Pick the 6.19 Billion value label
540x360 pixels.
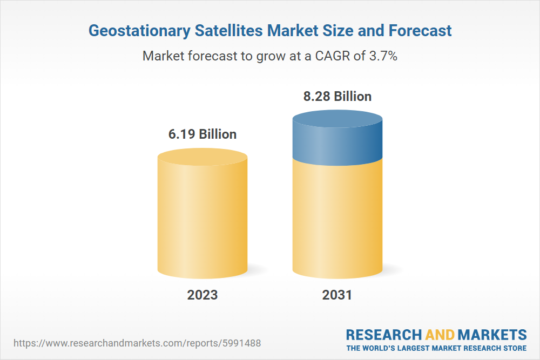point(202,134)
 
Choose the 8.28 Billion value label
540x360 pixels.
point(337,97)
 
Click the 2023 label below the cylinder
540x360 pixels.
point(202,295)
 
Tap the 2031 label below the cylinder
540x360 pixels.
point(337,295)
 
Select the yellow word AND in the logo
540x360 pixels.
point(440,335)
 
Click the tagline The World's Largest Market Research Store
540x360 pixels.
point(436,348)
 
